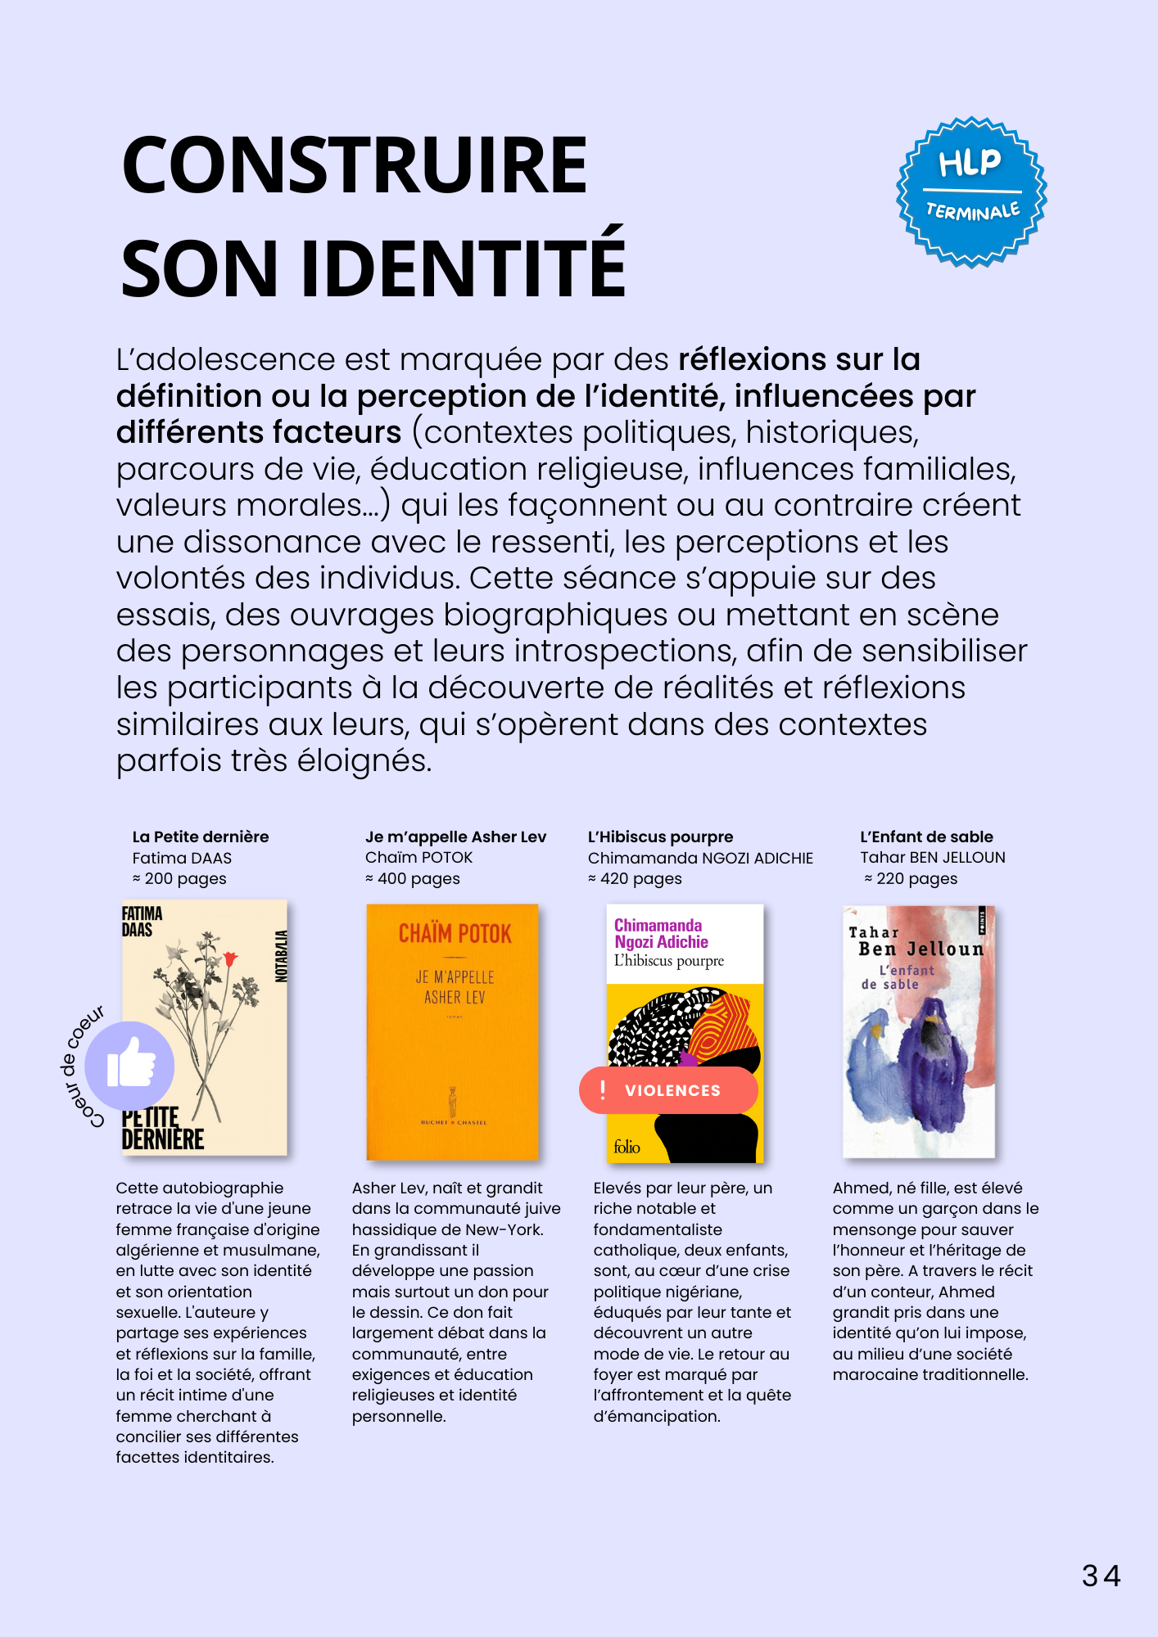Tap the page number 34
tap(1101, 1576)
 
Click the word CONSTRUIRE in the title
tap(355, 165)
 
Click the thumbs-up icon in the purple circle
tap(130, 1063)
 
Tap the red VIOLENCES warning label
tap(668, 1090)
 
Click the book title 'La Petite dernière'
tap(201, 837)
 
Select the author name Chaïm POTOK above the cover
tap(418, 857)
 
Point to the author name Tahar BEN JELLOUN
tap(932, 857)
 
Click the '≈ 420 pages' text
tap(635, 878)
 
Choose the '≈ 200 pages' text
tap(179, 878)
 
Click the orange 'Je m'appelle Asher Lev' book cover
tap(452, 1031)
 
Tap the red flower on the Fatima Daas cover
tap(230, 958)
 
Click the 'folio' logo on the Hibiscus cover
tap(627, 1147)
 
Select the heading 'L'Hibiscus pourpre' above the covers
tap(660, 837)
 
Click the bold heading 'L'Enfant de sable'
tap(926, 837)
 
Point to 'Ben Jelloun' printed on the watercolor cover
tap(921, 949)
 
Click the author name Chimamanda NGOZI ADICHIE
tap(700, 858)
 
